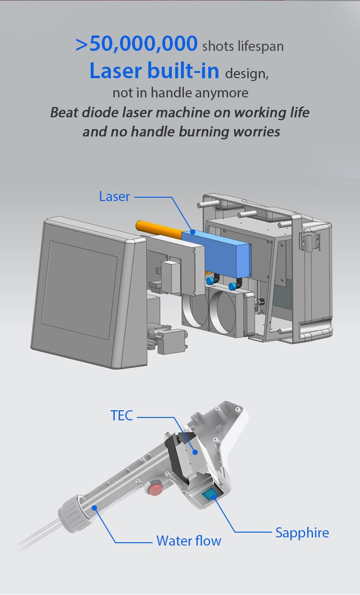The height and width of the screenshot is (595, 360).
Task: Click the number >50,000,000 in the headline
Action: (137, 44)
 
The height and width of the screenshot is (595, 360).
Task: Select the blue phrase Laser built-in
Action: (155, 71)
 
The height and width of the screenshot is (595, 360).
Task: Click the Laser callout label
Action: (114, 197)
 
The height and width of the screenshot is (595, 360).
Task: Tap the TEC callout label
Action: (122, 416)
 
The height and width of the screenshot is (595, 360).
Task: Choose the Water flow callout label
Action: (189, 541)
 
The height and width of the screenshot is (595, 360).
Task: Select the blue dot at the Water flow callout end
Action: (94, 508)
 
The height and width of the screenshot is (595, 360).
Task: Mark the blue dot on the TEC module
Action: (195, 452)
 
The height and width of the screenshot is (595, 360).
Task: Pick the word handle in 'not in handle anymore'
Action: (171, 93)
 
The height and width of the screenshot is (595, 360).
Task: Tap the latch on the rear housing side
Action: (310, 241)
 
